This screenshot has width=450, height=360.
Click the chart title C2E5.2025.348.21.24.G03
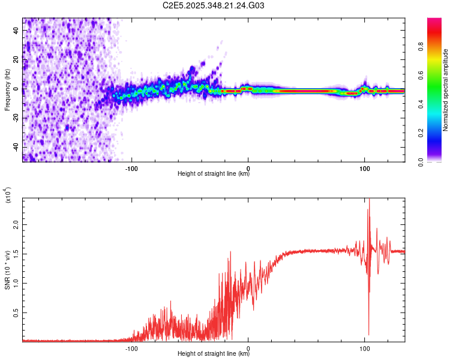tap(214, 6)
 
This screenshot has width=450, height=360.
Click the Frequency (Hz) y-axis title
tap(7, 90)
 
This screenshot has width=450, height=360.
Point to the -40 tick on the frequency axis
tap(14, 147)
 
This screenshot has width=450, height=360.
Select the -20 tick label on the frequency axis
tap(14, 118)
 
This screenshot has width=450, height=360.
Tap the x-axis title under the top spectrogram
tap(214, 174)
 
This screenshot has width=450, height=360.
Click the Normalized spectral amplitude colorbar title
tap(445, 90)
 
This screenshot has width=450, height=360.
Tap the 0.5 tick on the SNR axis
tap(16, 312)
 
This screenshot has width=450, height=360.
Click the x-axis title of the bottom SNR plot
tap(214, 354)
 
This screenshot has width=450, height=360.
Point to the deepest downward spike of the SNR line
tap(368, 334)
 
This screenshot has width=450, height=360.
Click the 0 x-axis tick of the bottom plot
tap(248, 347)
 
